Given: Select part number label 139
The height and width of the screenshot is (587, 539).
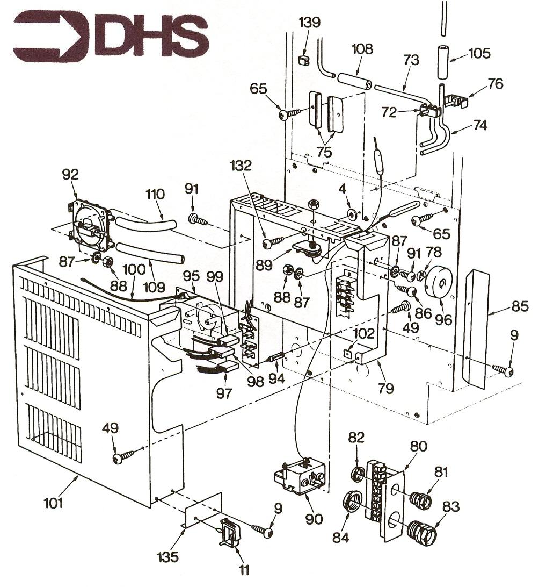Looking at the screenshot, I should click(x=311, y=23).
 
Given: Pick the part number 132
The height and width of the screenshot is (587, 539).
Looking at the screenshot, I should click(x=244, y=166).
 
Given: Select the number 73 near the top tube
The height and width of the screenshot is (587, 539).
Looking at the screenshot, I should click(x=410, y=60).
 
